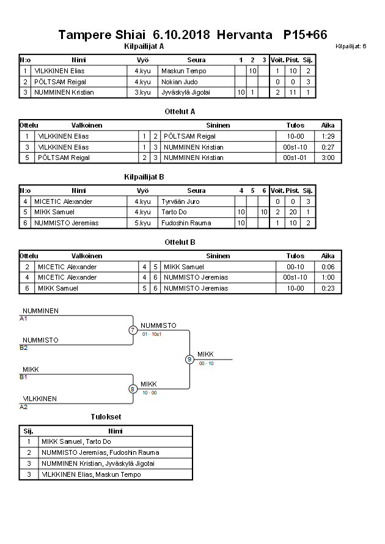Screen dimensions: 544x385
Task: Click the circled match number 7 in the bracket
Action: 133,330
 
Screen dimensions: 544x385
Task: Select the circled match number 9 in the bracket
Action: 189,359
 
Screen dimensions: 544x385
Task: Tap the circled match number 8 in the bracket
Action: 133,388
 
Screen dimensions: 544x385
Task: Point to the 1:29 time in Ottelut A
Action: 328,136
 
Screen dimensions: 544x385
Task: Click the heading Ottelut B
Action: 180,242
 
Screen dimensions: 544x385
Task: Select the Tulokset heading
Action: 106,416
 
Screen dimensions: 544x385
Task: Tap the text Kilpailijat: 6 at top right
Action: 351,46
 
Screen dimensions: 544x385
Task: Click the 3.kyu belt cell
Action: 142,92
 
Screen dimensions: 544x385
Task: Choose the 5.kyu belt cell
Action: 142,223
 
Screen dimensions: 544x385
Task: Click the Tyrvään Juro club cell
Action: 180,201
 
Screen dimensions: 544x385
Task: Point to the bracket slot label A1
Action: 24,318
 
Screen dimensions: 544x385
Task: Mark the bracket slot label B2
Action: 24,347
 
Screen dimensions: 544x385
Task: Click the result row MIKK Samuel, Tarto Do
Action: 76,441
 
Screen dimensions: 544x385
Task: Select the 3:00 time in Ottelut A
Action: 328,158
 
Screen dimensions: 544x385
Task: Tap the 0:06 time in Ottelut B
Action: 328,267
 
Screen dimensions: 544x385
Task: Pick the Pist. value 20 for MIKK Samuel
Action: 292,212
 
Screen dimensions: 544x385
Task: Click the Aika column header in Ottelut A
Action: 328,125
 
